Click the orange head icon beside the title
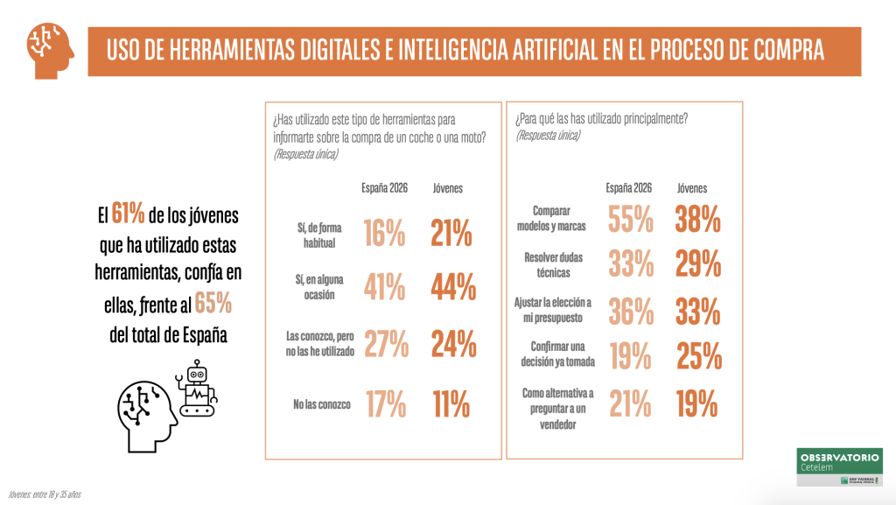[50, 50]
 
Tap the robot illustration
[197, 389]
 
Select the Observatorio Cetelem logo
[839, 466]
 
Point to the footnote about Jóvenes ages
[45, 494]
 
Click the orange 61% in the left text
[128, 214]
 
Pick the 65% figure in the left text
[213, 303]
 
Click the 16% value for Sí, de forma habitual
[385, 233]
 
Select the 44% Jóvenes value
[453, 287]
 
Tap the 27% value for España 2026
[386, 343]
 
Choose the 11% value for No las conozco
[451, 403]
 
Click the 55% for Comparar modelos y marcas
[630, 220]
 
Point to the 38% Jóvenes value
[697, 220]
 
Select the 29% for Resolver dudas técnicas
[698, 264]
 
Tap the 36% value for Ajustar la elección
[631, 312]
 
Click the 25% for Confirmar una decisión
[699, 356]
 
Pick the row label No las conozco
[322, 404]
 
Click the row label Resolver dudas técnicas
[554, 265]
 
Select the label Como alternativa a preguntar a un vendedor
[557, 409]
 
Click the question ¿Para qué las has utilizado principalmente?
[602, 119]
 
